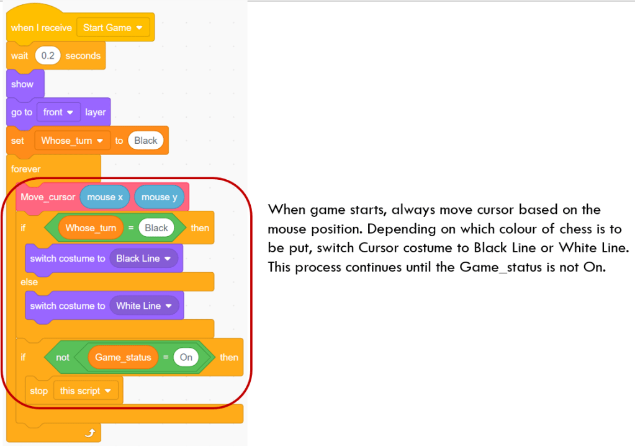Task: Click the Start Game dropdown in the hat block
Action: pyautogui.click(x=113, y=28)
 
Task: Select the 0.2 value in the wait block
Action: pyautogui.click(x=47, y=56)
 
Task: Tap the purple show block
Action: pyautogui.click(x=23, y=84)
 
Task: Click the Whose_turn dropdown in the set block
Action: pyautogui.click(x=72, y=141)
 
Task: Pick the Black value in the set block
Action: pyautogui.click(x=146, y=141)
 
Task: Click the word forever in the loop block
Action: pyautogui.click(x=25, y=169)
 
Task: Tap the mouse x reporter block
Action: pyautogui.click(x=105, y=197)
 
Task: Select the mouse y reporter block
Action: pyautogui.click(x=160, y=197)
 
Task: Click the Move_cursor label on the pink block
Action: pyautogui.click(x=48, y=197)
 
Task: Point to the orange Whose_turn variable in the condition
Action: pyautogui.click(x=91, y=228)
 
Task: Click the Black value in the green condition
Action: pyautogui.click(x=156, y=228)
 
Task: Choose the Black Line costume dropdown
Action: pyautogui.click(x=143, y=259)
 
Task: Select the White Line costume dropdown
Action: pyautogui.click(x=144, y=306)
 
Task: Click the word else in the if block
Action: pyautogui.click(x=29, y=282)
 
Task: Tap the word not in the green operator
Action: pyautogui.click(x=63, y=357)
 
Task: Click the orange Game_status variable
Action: pyautogui.click(x=123, y=357)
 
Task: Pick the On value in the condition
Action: pyautogui.click(x=186, y=357)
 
